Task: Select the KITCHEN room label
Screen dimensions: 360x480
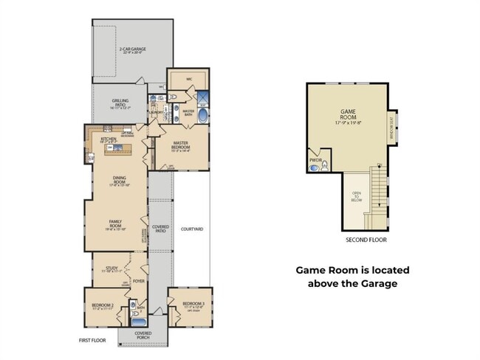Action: [109, 138]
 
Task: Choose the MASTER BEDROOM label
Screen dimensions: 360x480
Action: [182, 144]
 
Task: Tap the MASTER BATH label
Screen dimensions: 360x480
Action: [188, 111]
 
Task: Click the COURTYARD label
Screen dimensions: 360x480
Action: [192, 229]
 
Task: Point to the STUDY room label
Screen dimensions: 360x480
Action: [112, 269]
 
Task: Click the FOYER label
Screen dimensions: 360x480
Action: [138, 281]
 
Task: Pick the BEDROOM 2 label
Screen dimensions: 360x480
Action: [103, 305]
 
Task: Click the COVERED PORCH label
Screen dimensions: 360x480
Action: [143, 335]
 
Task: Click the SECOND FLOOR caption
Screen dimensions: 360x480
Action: [366, 240]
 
